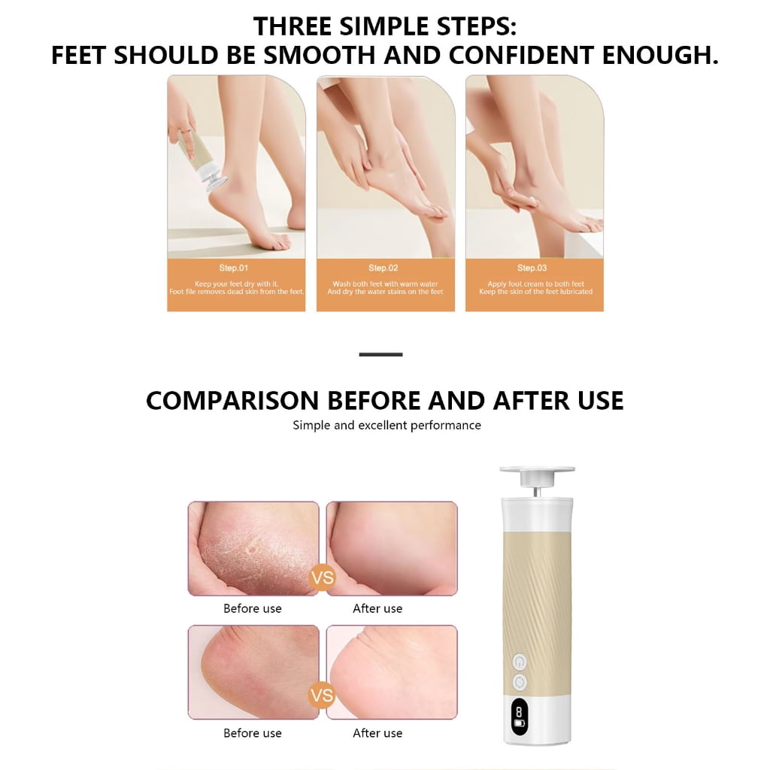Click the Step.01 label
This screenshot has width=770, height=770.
click(234, 268)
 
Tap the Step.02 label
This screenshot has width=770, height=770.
click(383, 268)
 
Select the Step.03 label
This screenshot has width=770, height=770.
click(532, 268)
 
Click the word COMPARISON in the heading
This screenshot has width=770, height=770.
click(233, 400)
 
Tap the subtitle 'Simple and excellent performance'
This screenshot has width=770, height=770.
click(387, 426)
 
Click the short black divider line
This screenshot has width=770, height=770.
click(380, 354)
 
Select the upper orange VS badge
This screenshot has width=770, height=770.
click(322, 577)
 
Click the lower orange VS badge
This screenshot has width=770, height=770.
click(322, 696)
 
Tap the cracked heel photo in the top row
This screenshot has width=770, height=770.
click(253, 548)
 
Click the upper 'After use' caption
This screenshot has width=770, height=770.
click(377, 608)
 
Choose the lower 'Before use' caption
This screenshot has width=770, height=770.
click(253, 733)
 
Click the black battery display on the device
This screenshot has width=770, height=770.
click(519, 717)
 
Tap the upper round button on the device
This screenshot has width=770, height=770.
click(520, 662)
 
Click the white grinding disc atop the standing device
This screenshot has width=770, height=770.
click(537, 470)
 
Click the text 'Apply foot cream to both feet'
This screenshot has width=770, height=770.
click(535, 283)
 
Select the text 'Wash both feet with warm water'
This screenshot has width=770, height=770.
click(385, 283)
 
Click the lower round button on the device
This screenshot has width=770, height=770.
click(520, 682)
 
